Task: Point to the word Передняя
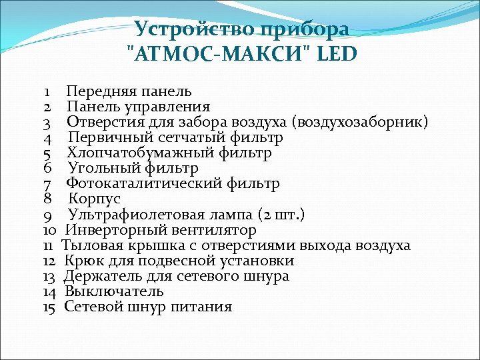[x=96, y=91]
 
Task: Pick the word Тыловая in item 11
[x=89, y=245]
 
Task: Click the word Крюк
[x=81, y=261]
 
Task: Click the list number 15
[x=49, y=307]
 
